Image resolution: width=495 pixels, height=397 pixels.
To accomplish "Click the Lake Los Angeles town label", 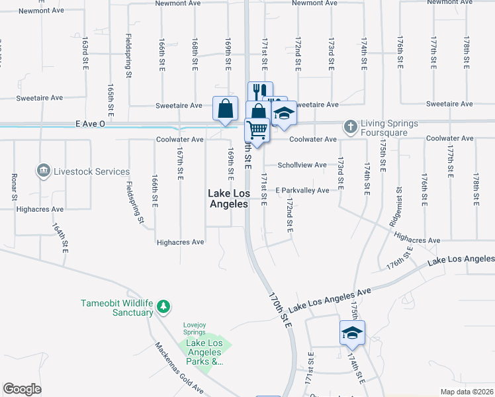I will point(228,198).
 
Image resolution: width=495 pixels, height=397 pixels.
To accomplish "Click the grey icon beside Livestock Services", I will point(44,171).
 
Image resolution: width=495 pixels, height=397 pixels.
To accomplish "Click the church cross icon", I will point(349,126).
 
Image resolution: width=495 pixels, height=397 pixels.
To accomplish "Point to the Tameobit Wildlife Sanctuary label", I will point(116,308).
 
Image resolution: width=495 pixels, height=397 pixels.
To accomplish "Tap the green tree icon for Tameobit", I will point(163,307).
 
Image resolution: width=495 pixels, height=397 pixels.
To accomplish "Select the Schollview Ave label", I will point(302,165).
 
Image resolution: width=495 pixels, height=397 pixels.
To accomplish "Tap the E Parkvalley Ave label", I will point(302,191).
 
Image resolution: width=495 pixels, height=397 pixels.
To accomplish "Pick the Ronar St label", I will point(14,187).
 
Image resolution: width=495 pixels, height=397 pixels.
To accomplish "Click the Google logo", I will point(22,389).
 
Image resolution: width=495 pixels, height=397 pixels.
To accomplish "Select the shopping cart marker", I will point(257,129).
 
